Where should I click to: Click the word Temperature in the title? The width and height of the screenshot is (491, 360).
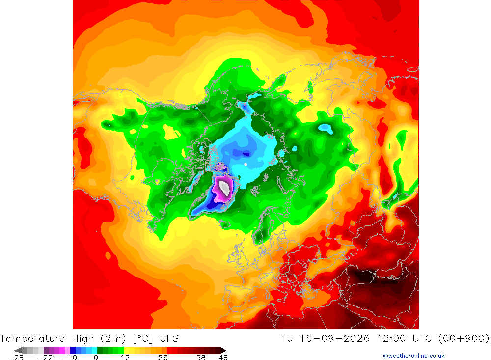tap(32, 339)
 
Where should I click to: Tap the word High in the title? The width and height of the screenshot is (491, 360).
tap(83, 339)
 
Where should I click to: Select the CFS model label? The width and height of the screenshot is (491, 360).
tap(169, 339)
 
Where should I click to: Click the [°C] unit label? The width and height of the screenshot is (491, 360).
tap(143, 339)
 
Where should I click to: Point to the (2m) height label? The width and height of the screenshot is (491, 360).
tap(113, 339)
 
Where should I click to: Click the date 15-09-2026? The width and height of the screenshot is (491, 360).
tap(335, 339)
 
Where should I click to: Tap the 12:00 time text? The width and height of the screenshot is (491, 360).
tap(391, 339)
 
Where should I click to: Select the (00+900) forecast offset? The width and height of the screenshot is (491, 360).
tap(464, 339)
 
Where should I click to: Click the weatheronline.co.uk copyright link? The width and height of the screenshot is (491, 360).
tap(413, 356)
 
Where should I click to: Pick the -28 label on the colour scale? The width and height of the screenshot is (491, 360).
tap(16, 358)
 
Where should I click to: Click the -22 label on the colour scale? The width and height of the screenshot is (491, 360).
tap(45, 358)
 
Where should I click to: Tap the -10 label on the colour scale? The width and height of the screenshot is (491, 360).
tap(69, 358)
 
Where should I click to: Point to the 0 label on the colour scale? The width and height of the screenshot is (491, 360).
tap(96, 358)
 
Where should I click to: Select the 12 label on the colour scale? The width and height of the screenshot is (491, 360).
tap(125, 358)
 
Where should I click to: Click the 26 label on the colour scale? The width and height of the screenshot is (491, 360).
tap(163, 358)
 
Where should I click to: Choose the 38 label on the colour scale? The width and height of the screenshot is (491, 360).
tap(201, 358)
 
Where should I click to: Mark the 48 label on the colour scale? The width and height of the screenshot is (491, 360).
tap(223, 358)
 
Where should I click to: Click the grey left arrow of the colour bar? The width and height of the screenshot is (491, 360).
tap(18, 350)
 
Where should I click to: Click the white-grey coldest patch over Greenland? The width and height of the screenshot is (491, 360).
tap(224, 187)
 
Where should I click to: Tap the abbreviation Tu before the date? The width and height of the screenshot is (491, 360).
tap(287, 339)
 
